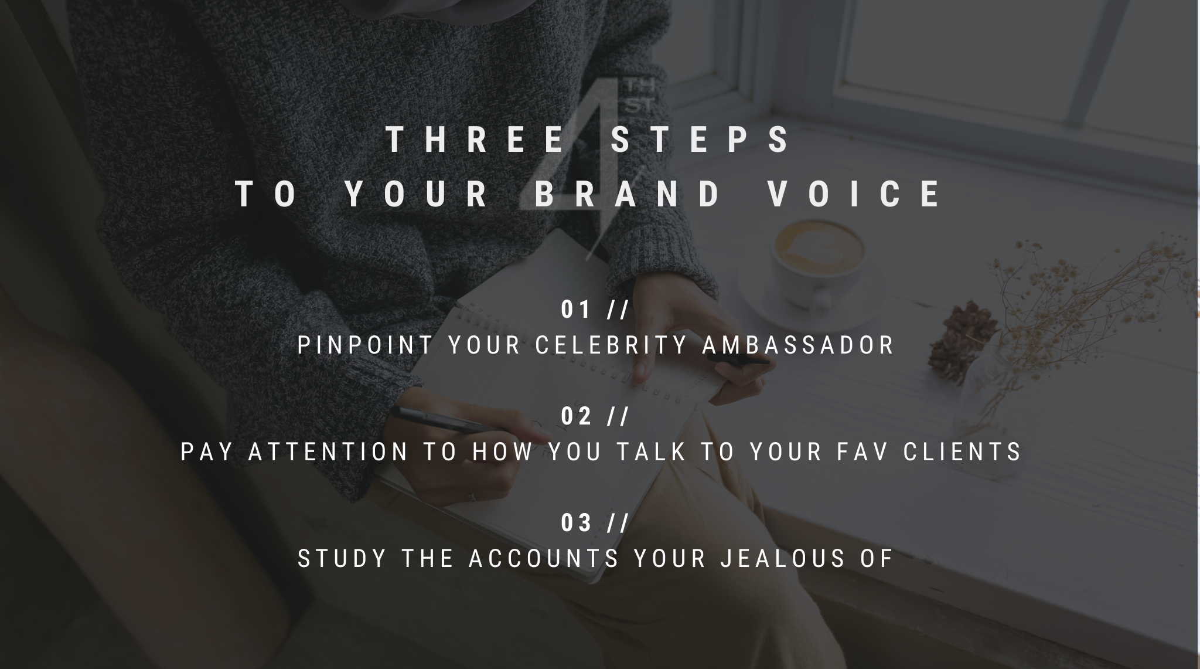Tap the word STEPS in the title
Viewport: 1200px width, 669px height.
pos(701,140)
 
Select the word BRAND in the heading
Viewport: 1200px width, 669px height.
pos(628,194)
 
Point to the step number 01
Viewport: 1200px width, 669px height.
pos(576,310)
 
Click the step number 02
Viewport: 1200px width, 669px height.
pos(576,416)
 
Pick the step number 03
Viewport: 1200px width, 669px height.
pos(576,523)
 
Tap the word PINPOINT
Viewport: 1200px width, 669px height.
pos(365,345)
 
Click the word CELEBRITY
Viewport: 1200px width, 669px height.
pos(612,345)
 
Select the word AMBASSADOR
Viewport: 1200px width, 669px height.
pos(799,345)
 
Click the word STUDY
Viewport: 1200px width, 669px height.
pos(343,559)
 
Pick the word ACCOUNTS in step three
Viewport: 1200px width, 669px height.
pos(544,559)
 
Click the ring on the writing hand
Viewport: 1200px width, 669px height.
pos(471,497)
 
